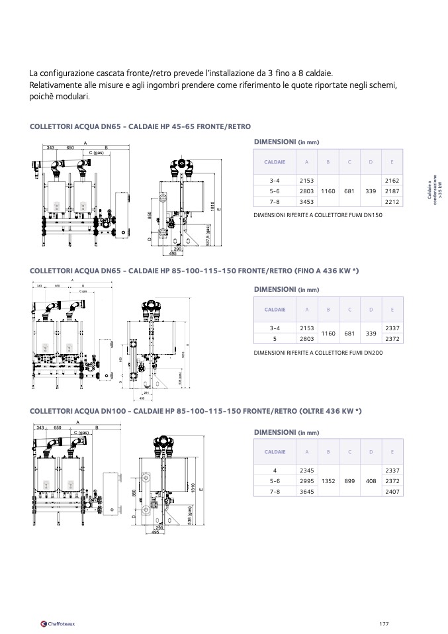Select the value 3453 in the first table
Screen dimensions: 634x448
(x=306, y=201)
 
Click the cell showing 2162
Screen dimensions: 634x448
(x=392, y=180)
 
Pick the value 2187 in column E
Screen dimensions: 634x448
(x=392, y=191)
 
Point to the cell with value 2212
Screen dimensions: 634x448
(x=392, y=201)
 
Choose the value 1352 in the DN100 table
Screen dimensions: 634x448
(x=328, y=481)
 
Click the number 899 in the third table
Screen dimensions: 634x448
(x=349, y=481)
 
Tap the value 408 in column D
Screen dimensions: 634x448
(x=371, y=481)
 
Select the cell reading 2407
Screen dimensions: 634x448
(x=392, y=492)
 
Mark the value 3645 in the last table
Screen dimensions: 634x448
(x=306, y=492)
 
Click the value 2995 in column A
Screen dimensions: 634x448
(x=306, y=481)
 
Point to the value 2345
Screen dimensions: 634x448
(x=306, y=471)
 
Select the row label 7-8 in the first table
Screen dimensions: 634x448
(x=275, y=201)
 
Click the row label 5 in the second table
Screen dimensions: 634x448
(x=275, y=338)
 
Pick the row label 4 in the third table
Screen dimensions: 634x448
(x=275, y=471)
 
